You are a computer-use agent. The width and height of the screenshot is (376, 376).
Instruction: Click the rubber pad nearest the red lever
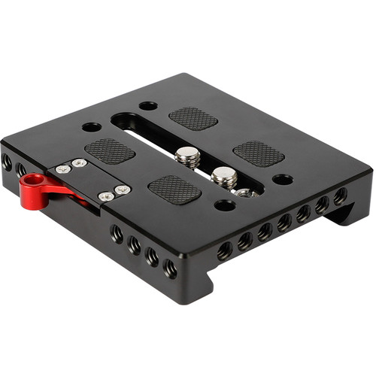click(110, 150)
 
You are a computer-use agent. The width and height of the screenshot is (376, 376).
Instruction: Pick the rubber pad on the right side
click(259, 153)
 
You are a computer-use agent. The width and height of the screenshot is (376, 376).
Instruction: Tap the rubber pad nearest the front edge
click(174, 189)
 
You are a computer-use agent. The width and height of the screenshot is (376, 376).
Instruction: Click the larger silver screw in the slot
click(223, 178)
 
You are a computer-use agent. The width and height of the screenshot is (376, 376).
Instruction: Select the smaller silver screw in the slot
click(187, 156)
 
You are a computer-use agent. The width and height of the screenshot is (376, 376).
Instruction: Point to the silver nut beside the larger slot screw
click(242, 193)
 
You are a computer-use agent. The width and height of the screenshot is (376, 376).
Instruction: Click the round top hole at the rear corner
click(148, 105)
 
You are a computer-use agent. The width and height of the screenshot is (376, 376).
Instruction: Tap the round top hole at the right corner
click(283, 180)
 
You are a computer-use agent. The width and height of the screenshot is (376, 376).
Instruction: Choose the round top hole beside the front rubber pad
click(224, 205)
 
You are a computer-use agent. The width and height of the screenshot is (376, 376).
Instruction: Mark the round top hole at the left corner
click(92, 127)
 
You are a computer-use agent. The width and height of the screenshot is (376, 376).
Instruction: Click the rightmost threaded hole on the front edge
click(340, 197)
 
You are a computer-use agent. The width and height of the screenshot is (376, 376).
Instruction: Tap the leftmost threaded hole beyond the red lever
click(8, 162)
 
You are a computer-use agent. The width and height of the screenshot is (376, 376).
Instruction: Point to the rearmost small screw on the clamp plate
click(79, 162)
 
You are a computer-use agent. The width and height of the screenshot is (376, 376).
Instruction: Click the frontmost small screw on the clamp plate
click(107, 197)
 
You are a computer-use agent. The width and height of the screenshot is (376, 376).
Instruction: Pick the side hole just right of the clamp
click(117, 232)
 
